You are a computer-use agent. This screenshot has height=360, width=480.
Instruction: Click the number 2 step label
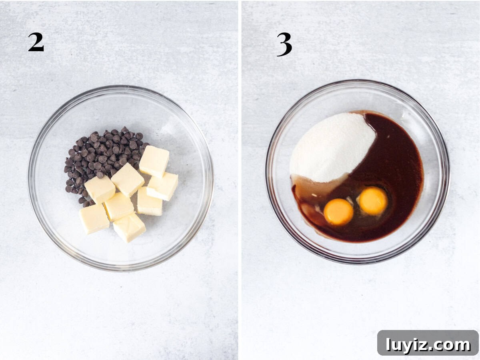[36, 42]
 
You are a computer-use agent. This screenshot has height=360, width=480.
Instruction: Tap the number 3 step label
[284, 44]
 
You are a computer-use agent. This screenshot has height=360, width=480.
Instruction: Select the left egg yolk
[338, 212]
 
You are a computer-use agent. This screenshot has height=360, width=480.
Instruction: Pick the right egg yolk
[373, 201]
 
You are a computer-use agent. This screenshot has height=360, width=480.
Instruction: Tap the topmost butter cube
[154, 161]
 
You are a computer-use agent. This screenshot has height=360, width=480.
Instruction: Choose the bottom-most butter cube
[129, 227]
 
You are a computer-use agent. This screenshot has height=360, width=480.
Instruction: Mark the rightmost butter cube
[162, 186]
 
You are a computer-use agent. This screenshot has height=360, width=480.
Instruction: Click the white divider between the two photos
[240, 180]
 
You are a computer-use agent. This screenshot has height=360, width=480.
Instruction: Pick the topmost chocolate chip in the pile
[125, 129]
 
